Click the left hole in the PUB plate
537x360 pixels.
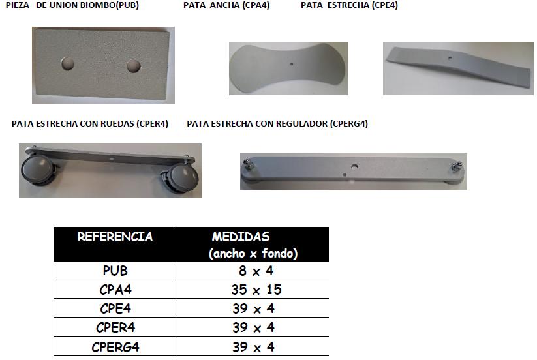pyautogui.click(x=67, y=63)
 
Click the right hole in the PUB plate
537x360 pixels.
pyautogui.click(x=134, y=66)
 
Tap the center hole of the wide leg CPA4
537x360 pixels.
pyautogui.click(x=292, y=64)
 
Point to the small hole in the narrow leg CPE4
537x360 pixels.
pyautogui.click(x=450, y=58)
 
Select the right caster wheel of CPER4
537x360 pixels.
pyautogui.click(x=181, y=177)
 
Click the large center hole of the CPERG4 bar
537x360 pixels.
pyautogui.click(x=355, y=167)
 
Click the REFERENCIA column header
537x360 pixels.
pyautogui.click(x=115, y=237)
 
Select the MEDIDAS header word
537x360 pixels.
pyautogui.click(x=241, y=237)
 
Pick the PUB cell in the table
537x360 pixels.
pyautogui.click(x=115, y=271)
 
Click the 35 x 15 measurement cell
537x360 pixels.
pyautogui.click(x=256, y=290)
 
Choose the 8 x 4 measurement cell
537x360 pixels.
pyautogui.click(x=256, y=271)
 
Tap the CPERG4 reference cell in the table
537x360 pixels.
pyautogui.click(x=115, y=347)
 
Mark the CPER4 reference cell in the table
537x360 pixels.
pyautogui.click(x=115, y=327)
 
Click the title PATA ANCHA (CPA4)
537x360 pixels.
pyautogui.click(x=226, y=5)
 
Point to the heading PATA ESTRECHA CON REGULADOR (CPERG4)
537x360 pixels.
pyautogui.click(x=277, y=123)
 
